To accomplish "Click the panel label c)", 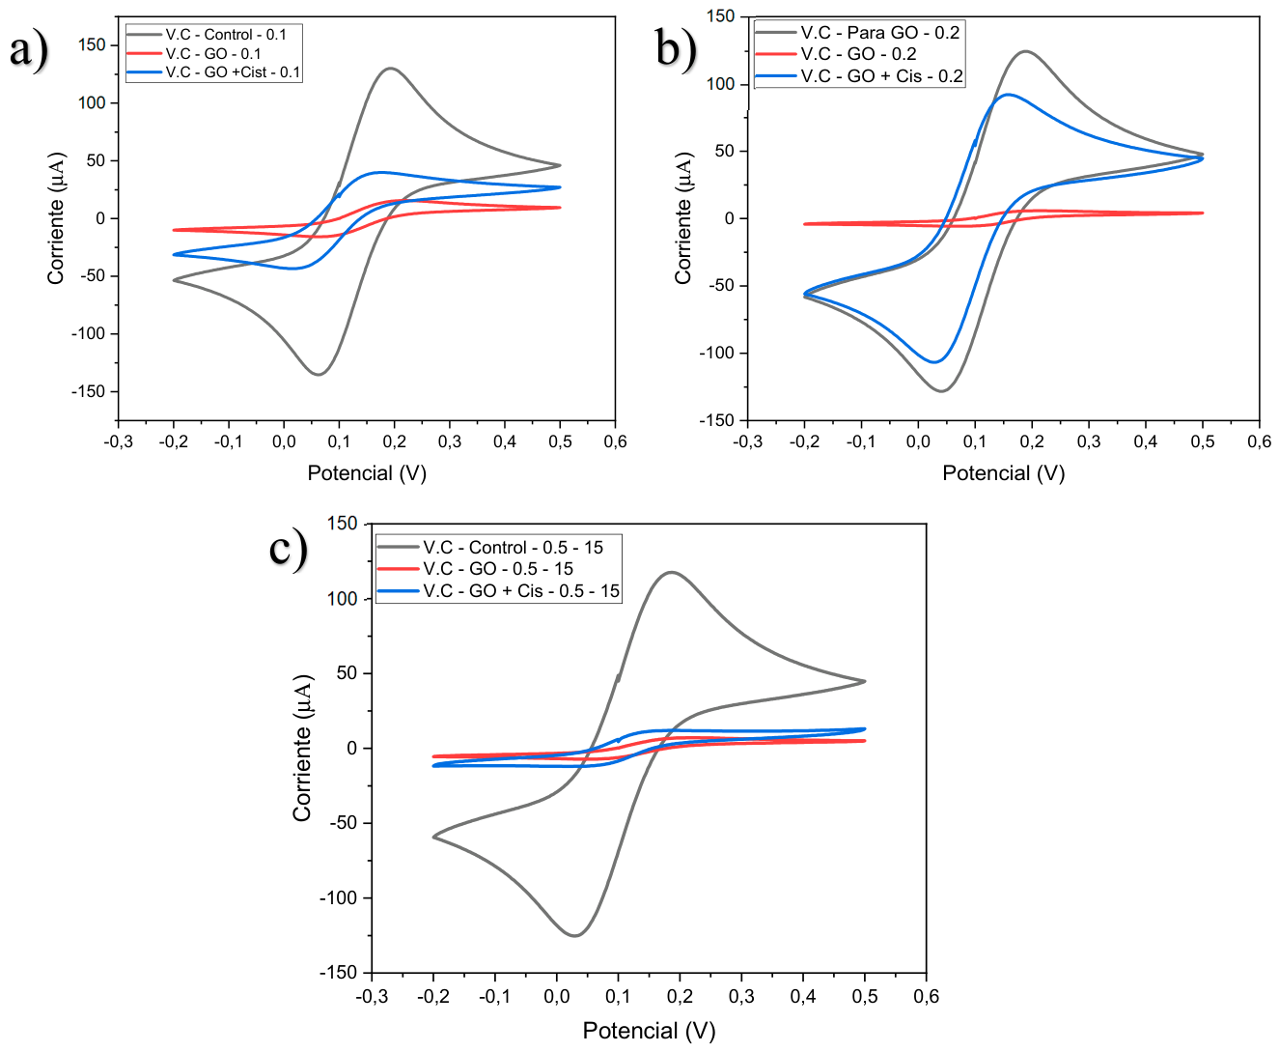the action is (x=289, y=551).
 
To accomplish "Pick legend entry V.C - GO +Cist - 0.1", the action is (x=213, y=72).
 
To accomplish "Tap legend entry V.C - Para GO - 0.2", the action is (x=857, y=32).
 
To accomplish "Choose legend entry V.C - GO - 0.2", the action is (x=836, y=54).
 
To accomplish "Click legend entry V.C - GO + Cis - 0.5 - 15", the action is (x=498, y=590).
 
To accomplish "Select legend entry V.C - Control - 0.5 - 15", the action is (x=490, y=548).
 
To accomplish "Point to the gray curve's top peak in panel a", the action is (x=391, y=68).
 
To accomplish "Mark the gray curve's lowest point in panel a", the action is (x=319, y=374).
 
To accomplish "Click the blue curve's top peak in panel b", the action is (x=1008, y=94).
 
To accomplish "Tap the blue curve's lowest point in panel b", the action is (x=934, y=362).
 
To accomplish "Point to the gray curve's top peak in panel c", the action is (x=672, y=572).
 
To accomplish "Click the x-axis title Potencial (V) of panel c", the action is (x=649, y=1030).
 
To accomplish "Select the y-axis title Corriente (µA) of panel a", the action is (x=56, y=218).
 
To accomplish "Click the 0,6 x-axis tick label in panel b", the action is (x=1259, y=441).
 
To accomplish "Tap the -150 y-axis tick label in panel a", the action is (x=88, y=391).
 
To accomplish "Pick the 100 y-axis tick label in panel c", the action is (x=343, y=599).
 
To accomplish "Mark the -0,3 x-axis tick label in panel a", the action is (x=118, y=441).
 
